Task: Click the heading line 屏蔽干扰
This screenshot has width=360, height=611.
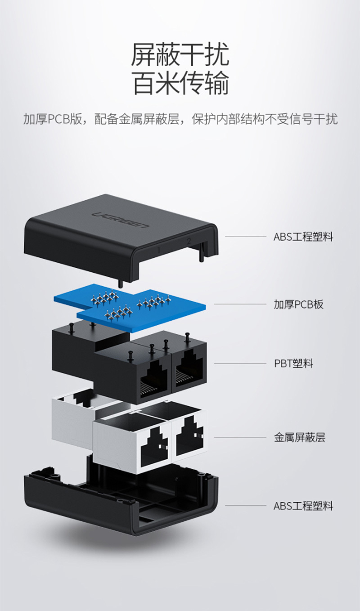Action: pos(180,55)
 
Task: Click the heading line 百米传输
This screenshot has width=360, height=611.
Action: pos(180,83)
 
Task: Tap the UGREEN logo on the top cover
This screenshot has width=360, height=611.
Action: pos(121,220)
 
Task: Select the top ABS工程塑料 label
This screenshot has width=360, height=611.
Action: pos(303,237)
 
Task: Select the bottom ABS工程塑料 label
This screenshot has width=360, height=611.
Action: pos(303,506)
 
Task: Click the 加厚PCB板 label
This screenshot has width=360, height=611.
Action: pos(299,304)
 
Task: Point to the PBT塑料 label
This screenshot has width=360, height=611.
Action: pos(293,364)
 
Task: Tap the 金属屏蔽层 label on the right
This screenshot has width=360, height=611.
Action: pos(299,437)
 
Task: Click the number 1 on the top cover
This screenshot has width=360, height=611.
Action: pos(159,250)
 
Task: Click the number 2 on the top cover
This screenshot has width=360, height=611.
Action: pos(189,241)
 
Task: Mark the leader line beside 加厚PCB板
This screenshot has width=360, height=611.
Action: pos(240,304)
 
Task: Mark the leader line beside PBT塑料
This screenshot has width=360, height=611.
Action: pos(240,364)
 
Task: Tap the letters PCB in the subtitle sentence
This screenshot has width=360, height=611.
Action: pos(58,119)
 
